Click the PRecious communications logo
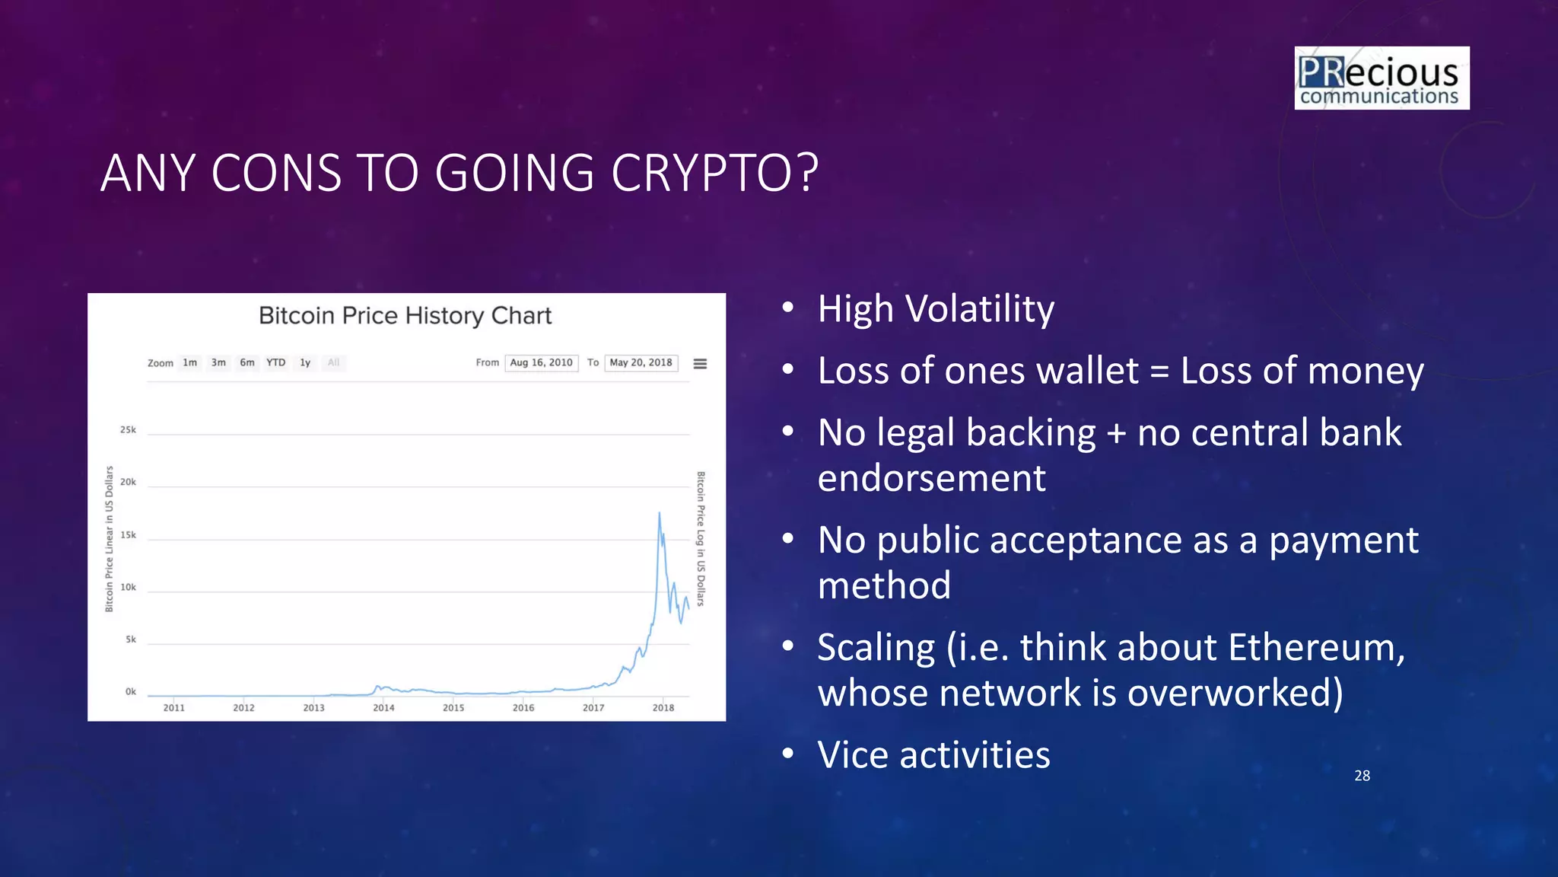[x=1382, y=78]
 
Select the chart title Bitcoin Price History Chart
[x=405, y=316]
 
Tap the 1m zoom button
[x=189, y=363]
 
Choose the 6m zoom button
[x=247, y=363]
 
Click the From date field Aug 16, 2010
[x=541, y=363]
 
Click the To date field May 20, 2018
[x=641, y=363]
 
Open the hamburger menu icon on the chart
[x=700, y=364]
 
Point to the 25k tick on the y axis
[x=128, y=430]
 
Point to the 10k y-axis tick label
[x=128, y=588]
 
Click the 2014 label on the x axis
[x=383, y=708]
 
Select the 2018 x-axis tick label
[x=663, y=708]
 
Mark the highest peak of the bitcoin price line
[x=659, y=514]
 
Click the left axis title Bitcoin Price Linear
[x=109, y=539]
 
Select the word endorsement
[x=931, y=479]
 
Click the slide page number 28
[x=1362, y=776]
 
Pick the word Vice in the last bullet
[x=852, y=755]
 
